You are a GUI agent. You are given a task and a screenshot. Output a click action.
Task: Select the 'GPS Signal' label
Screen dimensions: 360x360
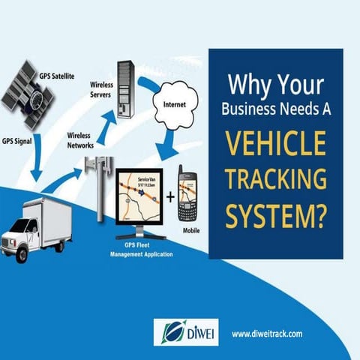click(x=18, y=140)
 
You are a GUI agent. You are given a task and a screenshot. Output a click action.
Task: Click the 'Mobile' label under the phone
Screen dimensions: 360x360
click(x=192, y=231)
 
